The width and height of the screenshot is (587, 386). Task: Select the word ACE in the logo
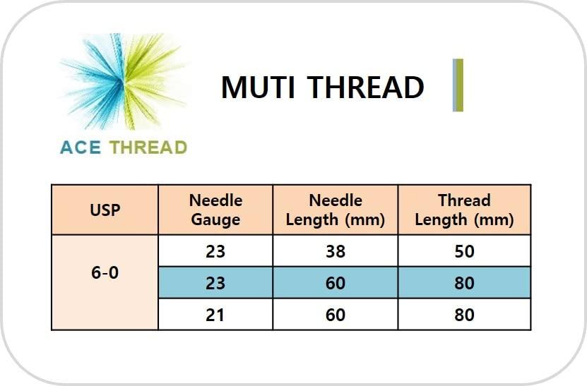(81, 147)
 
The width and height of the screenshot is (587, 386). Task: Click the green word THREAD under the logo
(148, 147)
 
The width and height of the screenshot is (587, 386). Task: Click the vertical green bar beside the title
(458, 85)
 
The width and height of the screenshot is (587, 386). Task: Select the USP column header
(105, 210)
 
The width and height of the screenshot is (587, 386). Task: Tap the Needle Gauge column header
(215, 210)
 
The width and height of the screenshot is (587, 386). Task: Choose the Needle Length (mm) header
(335, 210)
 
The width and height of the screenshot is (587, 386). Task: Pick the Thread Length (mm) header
(464, 210)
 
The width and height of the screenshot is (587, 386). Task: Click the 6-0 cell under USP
(105, 273)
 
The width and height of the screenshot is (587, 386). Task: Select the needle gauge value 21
(215, 315)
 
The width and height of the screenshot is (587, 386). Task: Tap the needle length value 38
(335, 251)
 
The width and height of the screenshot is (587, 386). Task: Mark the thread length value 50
(464, 251)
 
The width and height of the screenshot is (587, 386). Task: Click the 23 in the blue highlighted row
(215, 283)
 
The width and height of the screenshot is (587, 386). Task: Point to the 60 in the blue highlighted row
(335, 283)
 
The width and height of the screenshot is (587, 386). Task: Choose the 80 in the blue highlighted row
(464, 283)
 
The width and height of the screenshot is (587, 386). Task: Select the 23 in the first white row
(215, 251)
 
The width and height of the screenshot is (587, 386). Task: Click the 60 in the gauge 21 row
(335, 315)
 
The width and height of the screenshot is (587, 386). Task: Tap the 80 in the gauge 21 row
(464, 315)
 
